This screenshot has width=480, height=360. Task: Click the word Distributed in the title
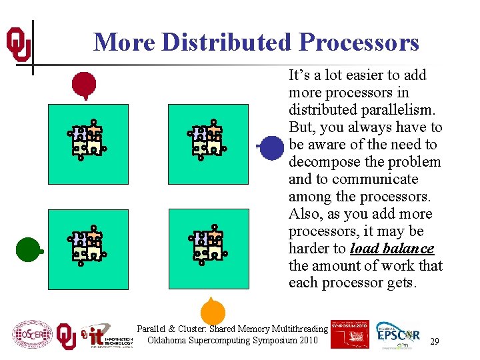[227, 42]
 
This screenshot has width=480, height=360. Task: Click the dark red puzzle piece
[84, 85]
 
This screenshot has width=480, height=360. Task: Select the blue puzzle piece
[271, 147]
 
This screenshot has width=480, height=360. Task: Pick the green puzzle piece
[28, 250]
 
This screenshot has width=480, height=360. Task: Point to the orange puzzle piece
[213, 311]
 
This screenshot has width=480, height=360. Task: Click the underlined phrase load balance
[392, 249]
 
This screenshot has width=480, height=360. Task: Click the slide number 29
[434, 341]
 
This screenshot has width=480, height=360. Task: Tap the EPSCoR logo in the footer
[398, 335]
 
